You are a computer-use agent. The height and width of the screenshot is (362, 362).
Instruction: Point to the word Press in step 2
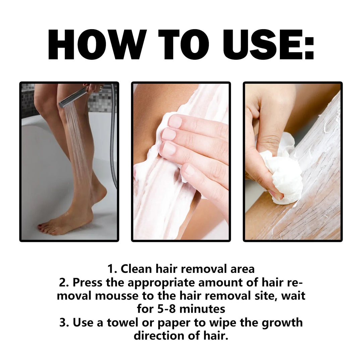coord(87,282)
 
